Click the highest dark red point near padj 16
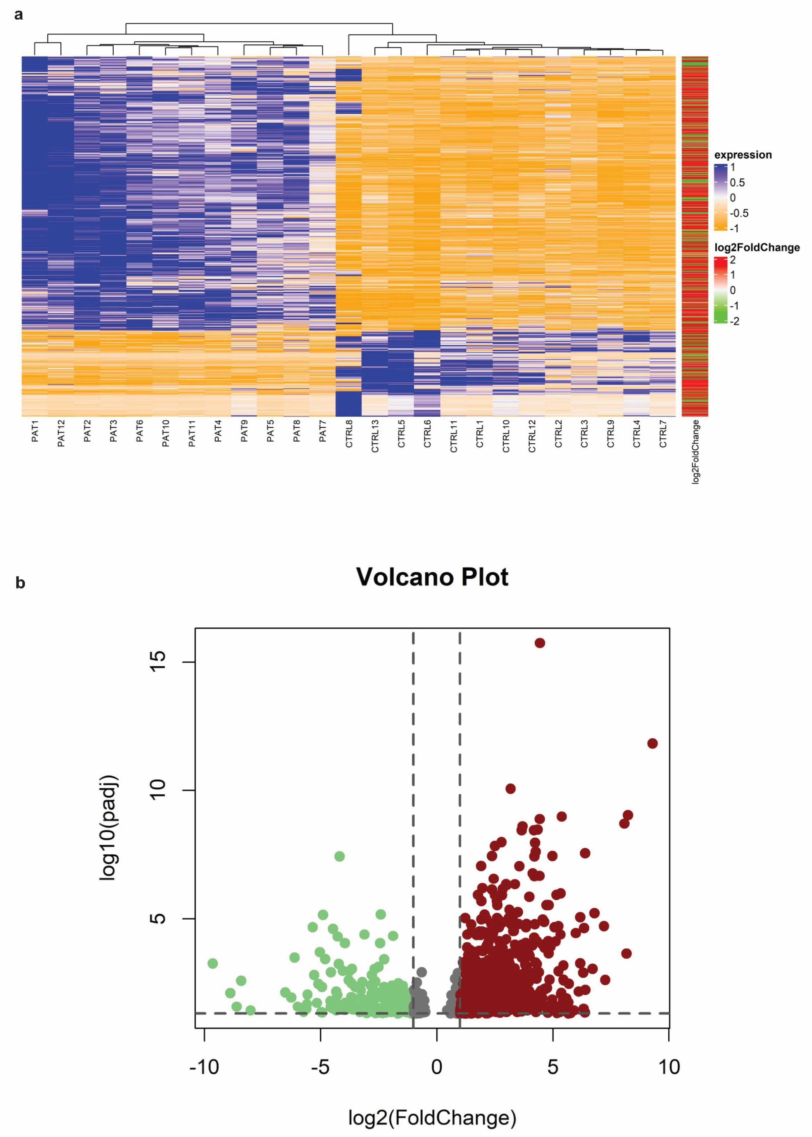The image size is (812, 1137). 539,643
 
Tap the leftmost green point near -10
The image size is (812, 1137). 213,963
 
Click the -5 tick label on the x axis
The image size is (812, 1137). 320,1067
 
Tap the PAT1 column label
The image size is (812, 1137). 35,431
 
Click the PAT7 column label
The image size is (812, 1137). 323,431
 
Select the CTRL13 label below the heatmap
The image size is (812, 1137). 375,436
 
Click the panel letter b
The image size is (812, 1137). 20,583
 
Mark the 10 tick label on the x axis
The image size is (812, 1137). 668,1067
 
